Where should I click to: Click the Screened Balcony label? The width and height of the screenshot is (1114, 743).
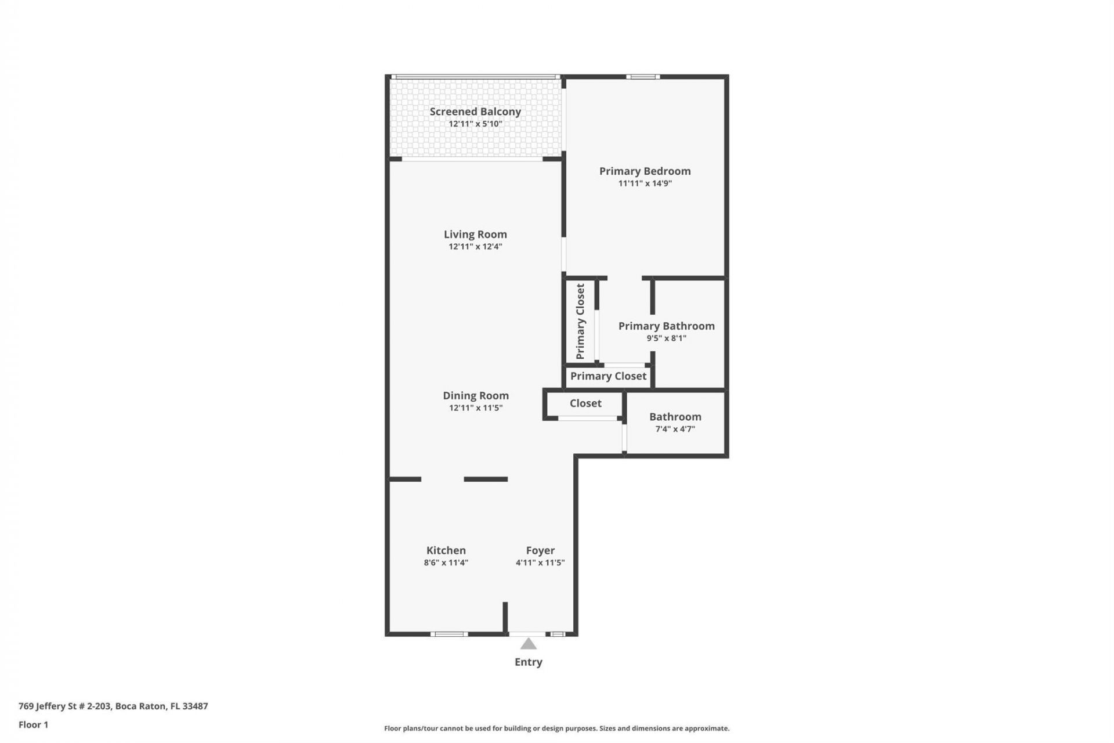(475, 111)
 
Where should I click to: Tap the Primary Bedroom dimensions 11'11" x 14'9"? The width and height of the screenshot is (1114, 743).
(645, 183)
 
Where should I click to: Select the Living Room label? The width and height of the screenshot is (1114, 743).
(475, 234)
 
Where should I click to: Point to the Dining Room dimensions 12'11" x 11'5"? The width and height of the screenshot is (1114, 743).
(475, 408)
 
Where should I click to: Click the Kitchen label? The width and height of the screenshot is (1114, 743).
(446, 550)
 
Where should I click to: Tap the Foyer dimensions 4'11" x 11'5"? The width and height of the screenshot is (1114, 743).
(540, 562)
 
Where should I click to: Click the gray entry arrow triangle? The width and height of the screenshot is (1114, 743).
(528, 644)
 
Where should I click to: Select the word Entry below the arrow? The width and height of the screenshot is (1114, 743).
(528, 662)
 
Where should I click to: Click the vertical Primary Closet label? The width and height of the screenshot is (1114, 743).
(580, 321)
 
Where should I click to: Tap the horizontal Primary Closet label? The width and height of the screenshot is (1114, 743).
(608, 376)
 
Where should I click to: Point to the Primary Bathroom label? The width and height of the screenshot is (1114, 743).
(666, 326)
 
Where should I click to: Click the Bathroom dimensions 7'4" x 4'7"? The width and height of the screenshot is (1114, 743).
(675, 429)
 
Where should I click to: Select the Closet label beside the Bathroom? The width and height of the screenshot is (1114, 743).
(585, 403)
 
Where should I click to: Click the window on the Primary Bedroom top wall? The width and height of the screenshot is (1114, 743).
(642, 77)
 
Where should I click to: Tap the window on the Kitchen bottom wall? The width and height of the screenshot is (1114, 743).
(449, 634)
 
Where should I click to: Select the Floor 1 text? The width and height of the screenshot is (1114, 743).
(33, 724)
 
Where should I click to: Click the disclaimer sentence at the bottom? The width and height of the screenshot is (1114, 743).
(556, 728)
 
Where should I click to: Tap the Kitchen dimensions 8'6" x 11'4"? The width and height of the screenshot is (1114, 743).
(446, 562)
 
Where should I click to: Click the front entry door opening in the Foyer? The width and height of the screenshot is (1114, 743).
(527, 634)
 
